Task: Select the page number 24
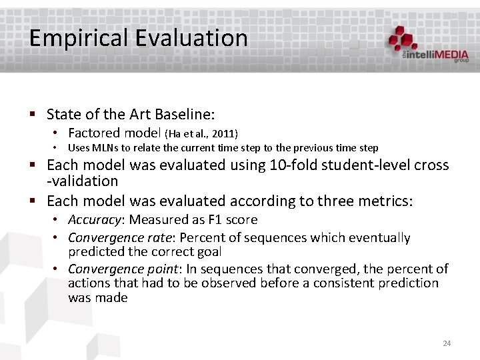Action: (x=447, y=343)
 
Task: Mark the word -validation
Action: (x=82, y=181)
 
